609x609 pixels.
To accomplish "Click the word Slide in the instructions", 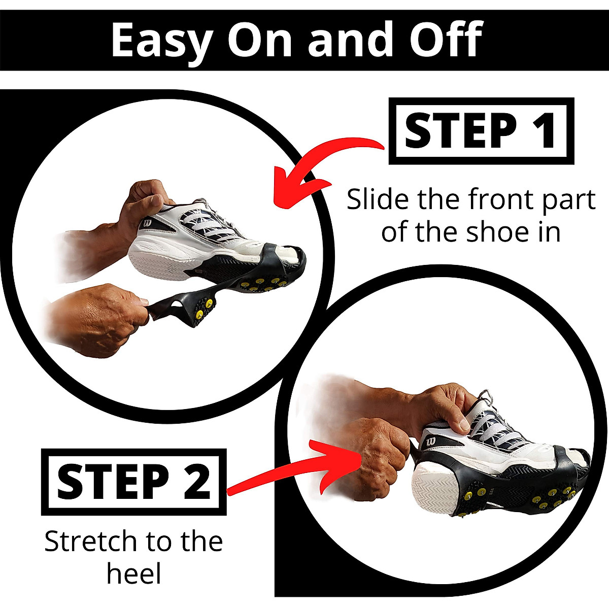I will pyautogui.click(x=378, y=199).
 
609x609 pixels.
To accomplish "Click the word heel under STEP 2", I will pyautogui.click(x=134, y=574).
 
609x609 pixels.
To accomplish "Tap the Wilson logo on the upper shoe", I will pyautogui.click(x=147, y=223).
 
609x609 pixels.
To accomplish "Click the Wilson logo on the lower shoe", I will pyautogui.click(x=431, y=441).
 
